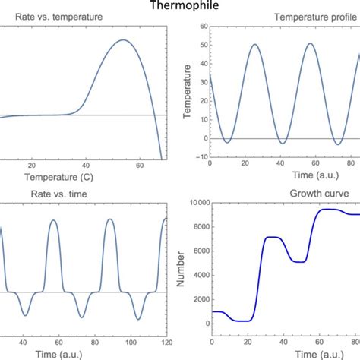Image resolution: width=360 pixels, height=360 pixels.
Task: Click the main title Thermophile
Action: [180, 7]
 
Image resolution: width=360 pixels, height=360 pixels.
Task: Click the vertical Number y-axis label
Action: [179, 268]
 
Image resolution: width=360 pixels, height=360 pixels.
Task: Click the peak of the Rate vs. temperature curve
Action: [124, 40]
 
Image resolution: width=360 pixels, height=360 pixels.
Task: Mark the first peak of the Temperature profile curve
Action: [255, 44]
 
